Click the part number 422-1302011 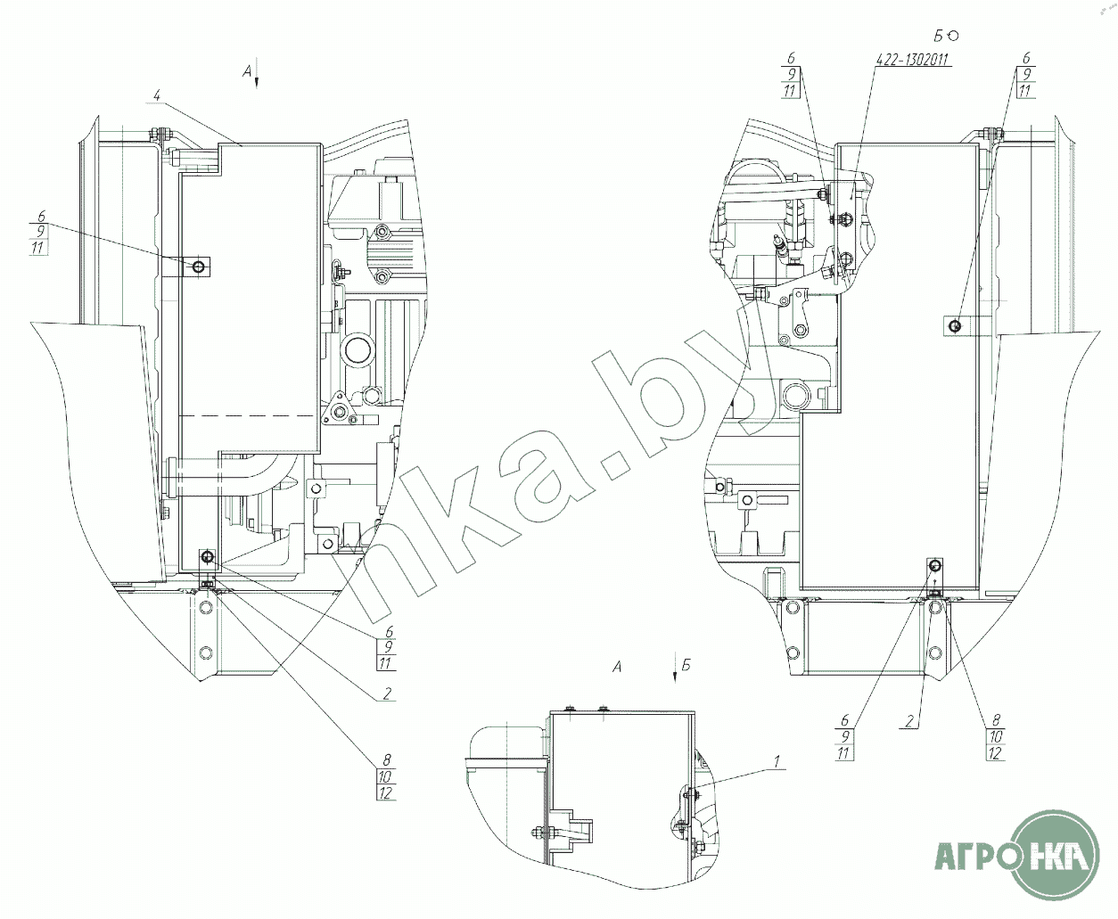pyautogui.click(x=912, y=61)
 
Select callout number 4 pyautogui.click(x=156, y=95)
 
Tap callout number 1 pyautogui.click(x=777, y=762)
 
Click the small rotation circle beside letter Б pyautogui.click(x=953, y=36)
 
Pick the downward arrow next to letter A pyautogui.click(x=257, y=75)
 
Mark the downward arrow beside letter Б pyautogui.click(x=675, y=669)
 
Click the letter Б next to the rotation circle pyautogui.click(x=939, y=36)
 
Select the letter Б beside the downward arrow pyautogui.click(x=686, y=665)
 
